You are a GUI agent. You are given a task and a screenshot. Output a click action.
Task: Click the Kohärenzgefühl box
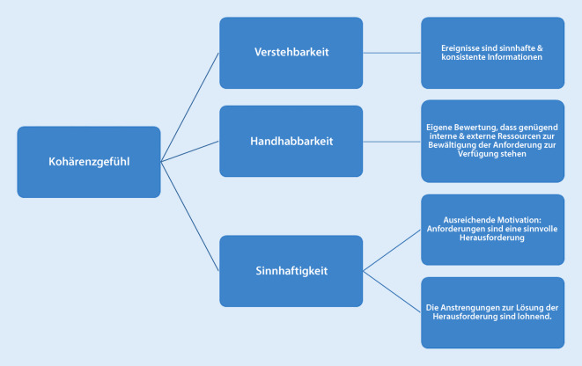pyautogui.click(x=88, y=161)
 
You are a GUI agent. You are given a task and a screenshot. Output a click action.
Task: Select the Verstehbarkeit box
pyautogui.click(x=291, y=53)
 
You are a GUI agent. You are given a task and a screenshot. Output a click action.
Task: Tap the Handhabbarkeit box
pyautogui.click(x=291, y=141)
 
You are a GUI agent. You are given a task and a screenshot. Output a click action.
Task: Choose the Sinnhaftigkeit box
pyautogui.click(x=291, y=270)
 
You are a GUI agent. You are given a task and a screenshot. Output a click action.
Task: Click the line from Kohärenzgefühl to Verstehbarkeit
pyautogui.click(x=190, y=106)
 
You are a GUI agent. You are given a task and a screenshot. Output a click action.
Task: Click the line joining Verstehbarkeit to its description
pyautogui.click(x=392, y=53)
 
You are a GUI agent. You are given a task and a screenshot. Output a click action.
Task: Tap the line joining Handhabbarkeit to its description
pyautogui.click(x=392, y=141)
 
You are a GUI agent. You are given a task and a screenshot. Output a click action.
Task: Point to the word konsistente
pyautogui.click(x=465, y=58)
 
